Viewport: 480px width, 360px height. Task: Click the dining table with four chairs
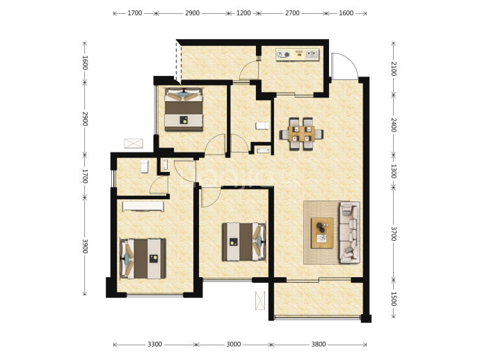[x=301, y=134]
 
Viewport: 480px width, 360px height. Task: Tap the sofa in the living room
[x=349, y=233]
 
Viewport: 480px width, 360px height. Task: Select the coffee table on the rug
[x=322, y=233]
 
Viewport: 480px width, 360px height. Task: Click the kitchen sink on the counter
[x=312, y=54]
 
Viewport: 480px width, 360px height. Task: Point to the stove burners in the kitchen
[x=283, y=55]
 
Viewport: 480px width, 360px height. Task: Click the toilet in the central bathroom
[x=262, y=125]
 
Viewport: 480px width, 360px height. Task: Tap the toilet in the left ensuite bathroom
[x=144, y=166]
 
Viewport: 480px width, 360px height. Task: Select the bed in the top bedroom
[x=184, y=109]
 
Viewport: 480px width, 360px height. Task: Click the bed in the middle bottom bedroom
[x=244, y=242]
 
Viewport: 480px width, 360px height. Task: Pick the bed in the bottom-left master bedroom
[x=143, y=259]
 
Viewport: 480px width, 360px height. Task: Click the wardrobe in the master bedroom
[x=143, y=206]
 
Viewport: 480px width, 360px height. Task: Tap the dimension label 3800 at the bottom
[x=319, y=345]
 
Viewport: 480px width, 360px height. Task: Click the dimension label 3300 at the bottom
[x=154, y=345]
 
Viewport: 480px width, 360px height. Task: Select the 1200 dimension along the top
[x=243, y=13]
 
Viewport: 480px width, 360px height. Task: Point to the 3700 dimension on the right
[x=394, y=234]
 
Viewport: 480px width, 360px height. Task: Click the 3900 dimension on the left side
[x=85, y=246]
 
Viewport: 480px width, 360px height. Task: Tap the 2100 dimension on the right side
[x=394, y=69]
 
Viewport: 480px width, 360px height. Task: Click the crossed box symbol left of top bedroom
[x=134, y=143]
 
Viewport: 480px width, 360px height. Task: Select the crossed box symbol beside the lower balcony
[x=260, y=300]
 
